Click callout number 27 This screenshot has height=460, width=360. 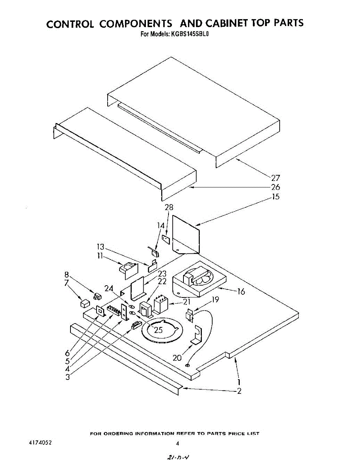click(276, 178)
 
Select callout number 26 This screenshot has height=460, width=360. click(276, 187)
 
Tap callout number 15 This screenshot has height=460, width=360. click(276, 197)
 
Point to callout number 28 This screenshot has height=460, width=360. click(169, 207)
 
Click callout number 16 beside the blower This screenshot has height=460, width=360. click(241, 292)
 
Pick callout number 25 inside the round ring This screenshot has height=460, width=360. click(158, 330)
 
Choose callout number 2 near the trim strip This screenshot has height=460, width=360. click(239, 391)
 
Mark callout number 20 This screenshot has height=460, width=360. click(177, 358)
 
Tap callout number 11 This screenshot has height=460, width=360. click(100, 256)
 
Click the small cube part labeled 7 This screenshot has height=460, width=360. click(85, 304)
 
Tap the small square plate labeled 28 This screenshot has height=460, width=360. click(166, 238)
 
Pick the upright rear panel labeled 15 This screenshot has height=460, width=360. click(187, 235)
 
